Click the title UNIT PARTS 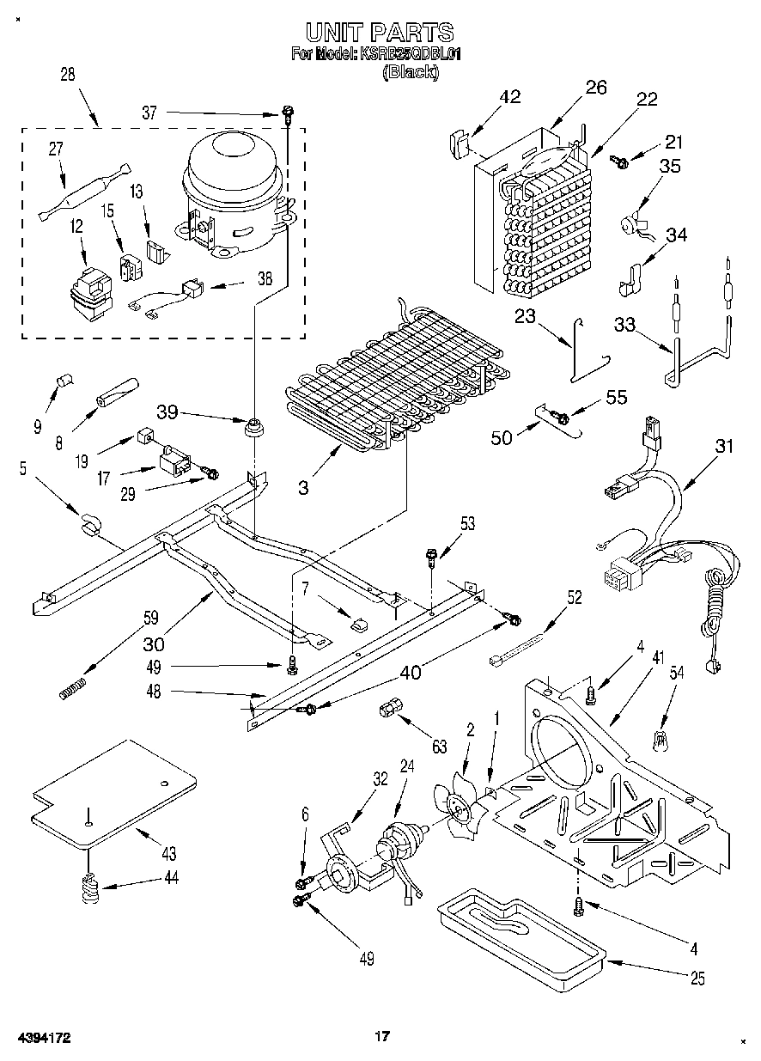[x=379, y=33]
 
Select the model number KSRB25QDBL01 [x=411, y=54]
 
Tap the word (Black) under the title [x=410, y=73]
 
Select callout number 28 [x=67, y=75]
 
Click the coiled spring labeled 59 [x=74, y=688]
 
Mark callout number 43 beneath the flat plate [x=168, y=853]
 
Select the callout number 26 [x=596, y=87]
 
